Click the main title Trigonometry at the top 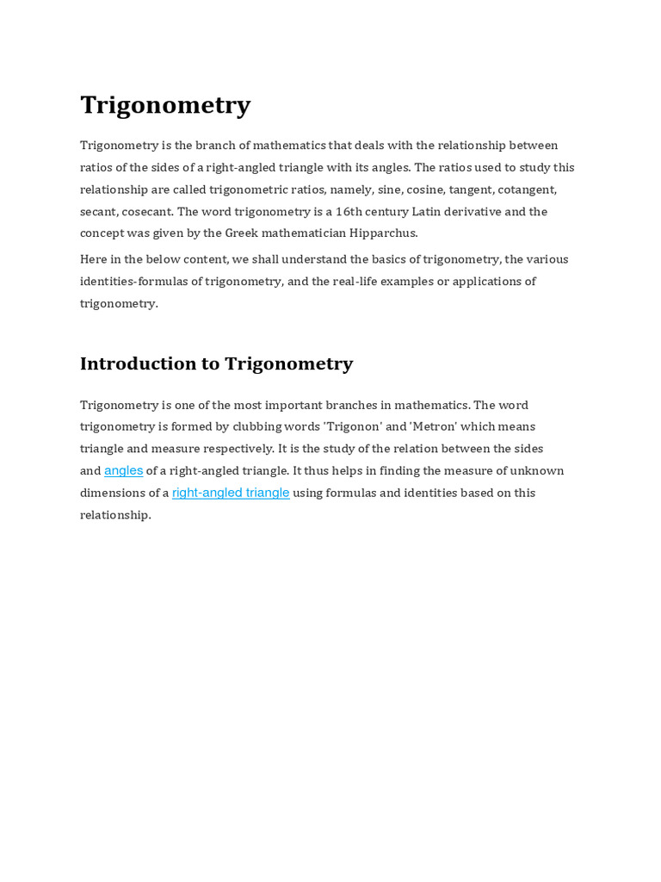tap(165, 105)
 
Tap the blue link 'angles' tap(123, 471)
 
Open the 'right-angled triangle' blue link tap(231, 493)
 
